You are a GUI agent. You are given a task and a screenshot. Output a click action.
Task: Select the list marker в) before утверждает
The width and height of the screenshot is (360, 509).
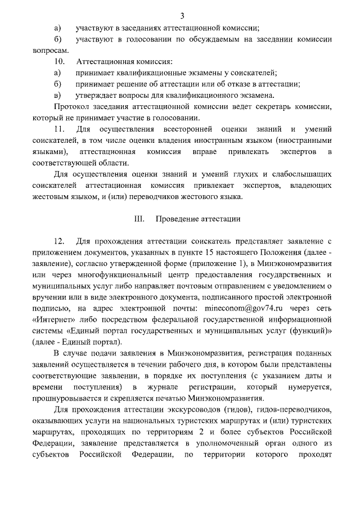(57, 96)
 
